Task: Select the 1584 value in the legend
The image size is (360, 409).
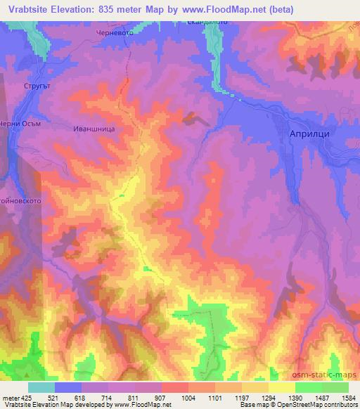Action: point(348,397)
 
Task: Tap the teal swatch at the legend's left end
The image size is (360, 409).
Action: point(41,387)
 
